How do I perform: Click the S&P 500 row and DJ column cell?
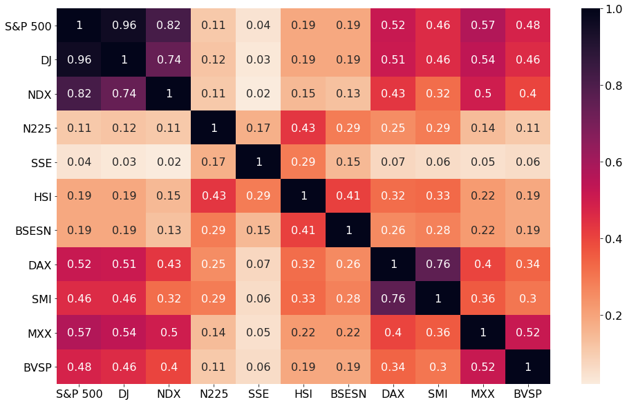point(124,26)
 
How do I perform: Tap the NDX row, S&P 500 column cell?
point(79,93)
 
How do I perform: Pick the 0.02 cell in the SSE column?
point(259,93)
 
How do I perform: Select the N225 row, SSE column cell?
point(259,127)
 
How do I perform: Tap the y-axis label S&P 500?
point(28,26)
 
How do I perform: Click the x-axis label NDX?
point(169,393)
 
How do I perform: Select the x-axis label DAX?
point(393,393)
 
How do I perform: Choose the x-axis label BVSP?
point(528,393)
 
